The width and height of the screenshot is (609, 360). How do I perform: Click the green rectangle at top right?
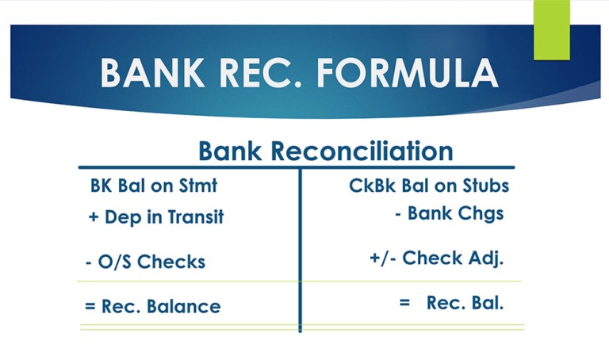551,29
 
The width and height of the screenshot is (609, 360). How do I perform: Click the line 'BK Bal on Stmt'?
153,186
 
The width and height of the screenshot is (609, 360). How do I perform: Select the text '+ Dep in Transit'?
156,218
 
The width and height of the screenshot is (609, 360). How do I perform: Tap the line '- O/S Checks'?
144,262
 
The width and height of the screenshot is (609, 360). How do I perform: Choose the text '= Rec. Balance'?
152,305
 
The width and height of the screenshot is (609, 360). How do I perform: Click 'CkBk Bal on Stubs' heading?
429,186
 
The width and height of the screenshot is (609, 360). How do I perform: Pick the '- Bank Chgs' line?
449,213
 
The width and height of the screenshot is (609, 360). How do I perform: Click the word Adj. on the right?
489,259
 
